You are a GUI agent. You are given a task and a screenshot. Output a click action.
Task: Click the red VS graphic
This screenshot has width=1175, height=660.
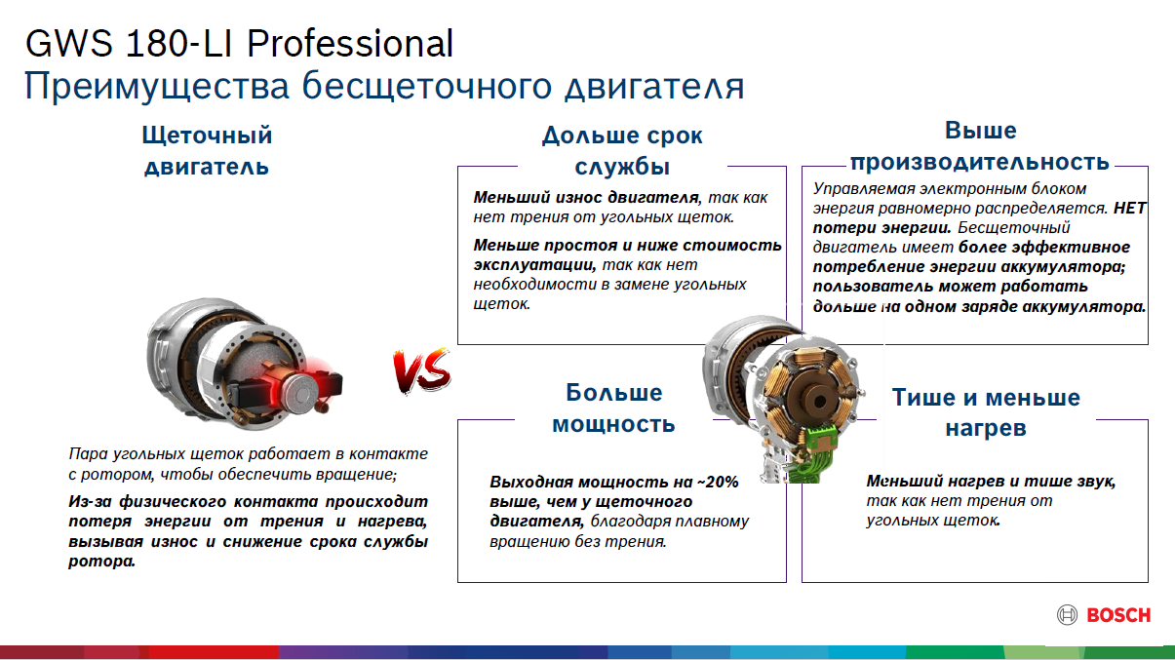coord(422,370)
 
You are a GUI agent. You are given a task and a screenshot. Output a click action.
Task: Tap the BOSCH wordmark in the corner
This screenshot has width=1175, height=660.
coord(1118,615)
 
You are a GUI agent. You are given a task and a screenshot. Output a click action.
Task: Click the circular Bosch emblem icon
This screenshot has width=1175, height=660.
coord(1067,615)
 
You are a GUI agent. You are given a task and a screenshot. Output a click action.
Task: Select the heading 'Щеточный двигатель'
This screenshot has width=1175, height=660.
coord(207,151)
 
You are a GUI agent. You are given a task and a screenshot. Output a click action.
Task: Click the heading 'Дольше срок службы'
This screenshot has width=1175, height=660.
coord(622,151)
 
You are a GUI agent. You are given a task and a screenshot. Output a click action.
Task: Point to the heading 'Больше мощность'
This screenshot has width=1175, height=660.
coord(613,408)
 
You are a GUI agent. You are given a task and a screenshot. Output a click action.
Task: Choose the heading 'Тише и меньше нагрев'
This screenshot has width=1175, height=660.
coord(986,412)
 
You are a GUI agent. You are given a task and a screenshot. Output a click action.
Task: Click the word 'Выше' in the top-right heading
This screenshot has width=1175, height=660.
coord(980,130)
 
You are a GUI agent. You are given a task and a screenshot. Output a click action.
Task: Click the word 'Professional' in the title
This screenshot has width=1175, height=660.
coord(350,43)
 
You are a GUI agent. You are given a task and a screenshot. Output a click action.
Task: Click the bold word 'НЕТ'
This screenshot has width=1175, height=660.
coord(1130,209)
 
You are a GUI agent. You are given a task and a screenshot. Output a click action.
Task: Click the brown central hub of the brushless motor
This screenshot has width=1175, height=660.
coord(817,400)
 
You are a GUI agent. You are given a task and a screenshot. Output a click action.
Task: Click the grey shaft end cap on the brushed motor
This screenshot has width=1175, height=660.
coord(301,392)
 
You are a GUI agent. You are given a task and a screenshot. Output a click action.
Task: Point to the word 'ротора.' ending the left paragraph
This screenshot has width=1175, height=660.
coord(101,562)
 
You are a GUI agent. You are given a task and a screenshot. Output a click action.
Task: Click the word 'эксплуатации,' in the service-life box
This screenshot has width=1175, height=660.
coord(534,265)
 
